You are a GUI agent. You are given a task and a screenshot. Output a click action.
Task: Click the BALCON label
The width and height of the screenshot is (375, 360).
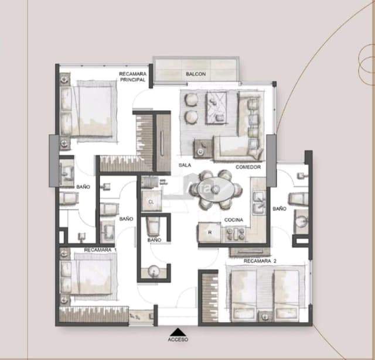195,74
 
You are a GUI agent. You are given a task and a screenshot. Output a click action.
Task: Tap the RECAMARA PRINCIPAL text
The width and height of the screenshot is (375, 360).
132,77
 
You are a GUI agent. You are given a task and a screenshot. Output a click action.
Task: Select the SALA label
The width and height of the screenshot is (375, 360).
185,166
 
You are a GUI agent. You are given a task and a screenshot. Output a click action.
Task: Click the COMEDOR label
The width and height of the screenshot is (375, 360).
248,167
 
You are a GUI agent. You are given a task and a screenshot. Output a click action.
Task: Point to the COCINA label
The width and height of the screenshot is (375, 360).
233,220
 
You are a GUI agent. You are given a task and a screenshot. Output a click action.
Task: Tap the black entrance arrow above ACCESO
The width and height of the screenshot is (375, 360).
178,331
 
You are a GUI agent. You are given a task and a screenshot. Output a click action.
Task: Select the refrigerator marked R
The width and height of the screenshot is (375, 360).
209,232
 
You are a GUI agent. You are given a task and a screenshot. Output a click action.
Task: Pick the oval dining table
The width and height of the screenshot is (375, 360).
218,189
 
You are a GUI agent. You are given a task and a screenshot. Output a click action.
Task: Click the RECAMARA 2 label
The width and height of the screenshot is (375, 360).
260,260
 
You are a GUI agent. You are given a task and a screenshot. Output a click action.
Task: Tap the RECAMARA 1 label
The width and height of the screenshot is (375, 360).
100,250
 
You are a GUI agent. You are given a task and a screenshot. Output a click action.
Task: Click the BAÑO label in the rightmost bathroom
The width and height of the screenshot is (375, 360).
279,208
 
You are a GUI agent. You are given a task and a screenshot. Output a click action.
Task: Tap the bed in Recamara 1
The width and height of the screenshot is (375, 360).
90,276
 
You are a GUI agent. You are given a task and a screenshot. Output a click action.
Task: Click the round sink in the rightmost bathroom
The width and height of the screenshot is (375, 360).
301,221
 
